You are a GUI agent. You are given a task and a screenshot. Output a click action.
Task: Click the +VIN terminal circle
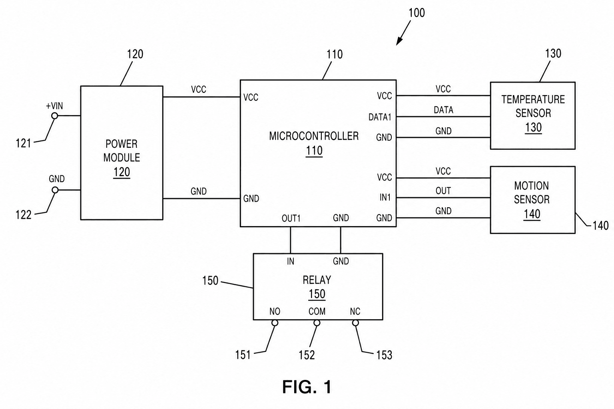[54, 116]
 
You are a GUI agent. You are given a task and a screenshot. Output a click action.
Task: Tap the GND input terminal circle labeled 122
[55, 190]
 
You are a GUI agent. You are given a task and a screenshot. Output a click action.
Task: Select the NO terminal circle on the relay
[275, 323]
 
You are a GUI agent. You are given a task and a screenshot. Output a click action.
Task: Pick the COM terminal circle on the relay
[317, 323]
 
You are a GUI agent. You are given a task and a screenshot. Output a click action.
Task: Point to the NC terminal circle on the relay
[355, 323]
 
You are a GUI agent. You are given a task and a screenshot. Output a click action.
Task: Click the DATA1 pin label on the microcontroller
[380, 117]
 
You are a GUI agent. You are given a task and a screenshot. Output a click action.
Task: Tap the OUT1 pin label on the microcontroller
[291, 218]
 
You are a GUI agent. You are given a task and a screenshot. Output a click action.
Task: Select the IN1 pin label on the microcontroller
[385, 197]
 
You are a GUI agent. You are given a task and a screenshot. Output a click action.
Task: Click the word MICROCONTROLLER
[314, 136]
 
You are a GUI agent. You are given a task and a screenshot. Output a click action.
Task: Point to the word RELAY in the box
[317, 280]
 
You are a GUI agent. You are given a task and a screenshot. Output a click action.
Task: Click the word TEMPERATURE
[533, 99]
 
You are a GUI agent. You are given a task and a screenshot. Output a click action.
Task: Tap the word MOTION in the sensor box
[532, 186]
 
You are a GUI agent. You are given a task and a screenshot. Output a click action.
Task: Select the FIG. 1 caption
[307, 387]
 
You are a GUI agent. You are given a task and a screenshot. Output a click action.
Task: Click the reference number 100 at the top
[417, 13]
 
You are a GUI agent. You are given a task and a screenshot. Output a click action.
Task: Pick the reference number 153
[384, 355]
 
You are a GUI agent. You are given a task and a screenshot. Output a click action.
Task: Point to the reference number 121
[23, 143]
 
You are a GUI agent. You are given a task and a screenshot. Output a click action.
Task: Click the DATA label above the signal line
[443, 110]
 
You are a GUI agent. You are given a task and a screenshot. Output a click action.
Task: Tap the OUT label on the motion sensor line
[443, 191]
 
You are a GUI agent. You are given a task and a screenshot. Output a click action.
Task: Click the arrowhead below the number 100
[399, 41]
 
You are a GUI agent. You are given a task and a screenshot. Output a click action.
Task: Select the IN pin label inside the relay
[291, 261]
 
